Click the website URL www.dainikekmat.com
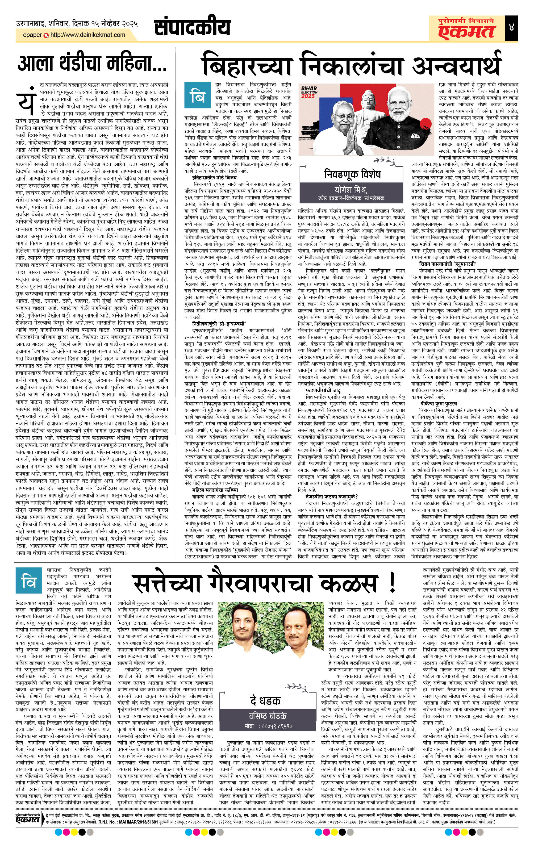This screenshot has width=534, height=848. click(x=88, y=35)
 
